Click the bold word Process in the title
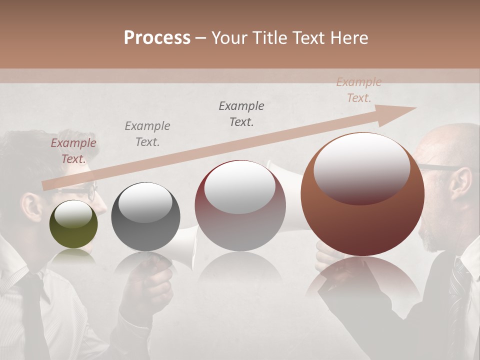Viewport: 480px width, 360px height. pos(157,38)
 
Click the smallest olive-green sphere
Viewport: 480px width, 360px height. pos(73,224)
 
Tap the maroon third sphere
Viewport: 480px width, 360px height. pos(240,205)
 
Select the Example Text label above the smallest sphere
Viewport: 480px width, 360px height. pos(73,151)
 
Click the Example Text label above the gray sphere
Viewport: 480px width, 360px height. pos(147,134)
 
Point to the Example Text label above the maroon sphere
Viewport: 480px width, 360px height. pos(241,113)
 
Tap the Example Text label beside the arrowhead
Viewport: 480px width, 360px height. pos(358,90)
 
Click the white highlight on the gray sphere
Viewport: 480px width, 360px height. pos(145,203)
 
